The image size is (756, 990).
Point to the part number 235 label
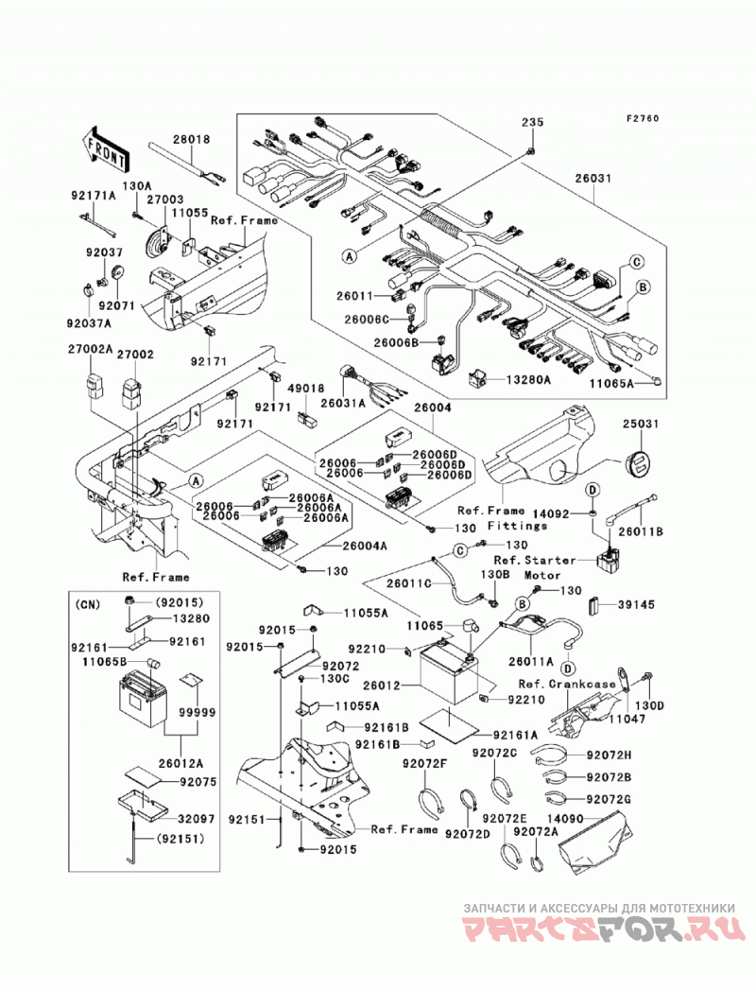click(532, 122)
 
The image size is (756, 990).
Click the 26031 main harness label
click(593, 179)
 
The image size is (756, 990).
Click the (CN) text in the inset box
click(87, 604)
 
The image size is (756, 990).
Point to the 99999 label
click(197, 712)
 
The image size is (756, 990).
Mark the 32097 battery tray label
click(197, 819)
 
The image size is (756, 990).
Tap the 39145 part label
click(635, 604)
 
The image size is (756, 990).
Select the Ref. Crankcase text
click(567, 684)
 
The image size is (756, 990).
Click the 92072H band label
click(609, 755)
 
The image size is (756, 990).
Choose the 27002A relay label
click(90, 349)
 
